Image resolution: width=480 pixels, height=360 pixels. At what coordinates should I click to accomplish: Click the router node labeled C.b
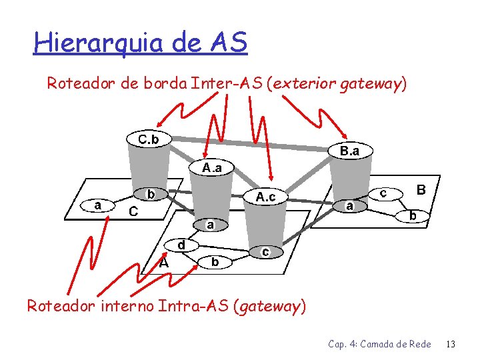click(148, 139)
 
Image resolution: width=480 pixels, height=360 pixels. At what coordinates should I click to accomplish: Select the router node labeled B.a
click(350, 152)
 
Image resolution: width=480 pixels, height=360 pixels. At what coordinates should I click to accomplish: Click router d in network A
click(181, 245)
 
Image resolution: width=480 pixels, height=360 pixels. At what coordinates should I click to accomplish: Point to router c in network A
click(265, 252)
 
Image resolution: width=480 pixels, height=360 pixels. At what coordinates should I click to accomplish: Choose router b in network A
click(215, 262)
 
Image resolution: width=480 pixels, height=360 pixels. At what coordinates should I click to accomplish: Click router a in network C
click(98, 205)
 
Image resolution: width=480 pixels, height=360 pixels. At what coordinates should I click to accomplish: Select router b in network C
click(151, 195)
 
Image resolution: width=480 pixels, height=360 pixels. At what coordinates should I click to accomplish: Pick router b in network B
click(413, 216)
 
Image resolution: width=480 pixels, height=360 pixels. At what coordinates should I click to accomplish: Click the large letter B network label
click(421, 190)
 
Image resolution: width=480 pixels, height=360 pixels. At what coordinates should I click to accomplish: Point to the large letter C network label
click(133, 211)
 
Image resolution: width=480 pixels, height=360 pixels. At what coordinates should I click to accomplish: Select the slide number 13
click(451, 344)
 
